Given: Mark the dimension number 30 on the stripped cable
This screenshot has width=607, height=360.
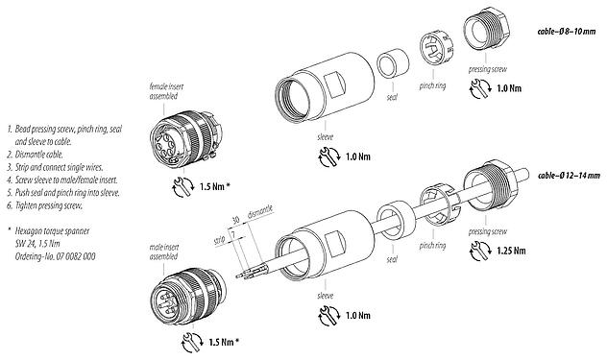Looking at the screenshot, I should point(237,218).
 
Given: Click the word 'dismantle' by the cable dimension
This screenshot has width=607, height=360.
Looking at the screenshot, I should point(263,211).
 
